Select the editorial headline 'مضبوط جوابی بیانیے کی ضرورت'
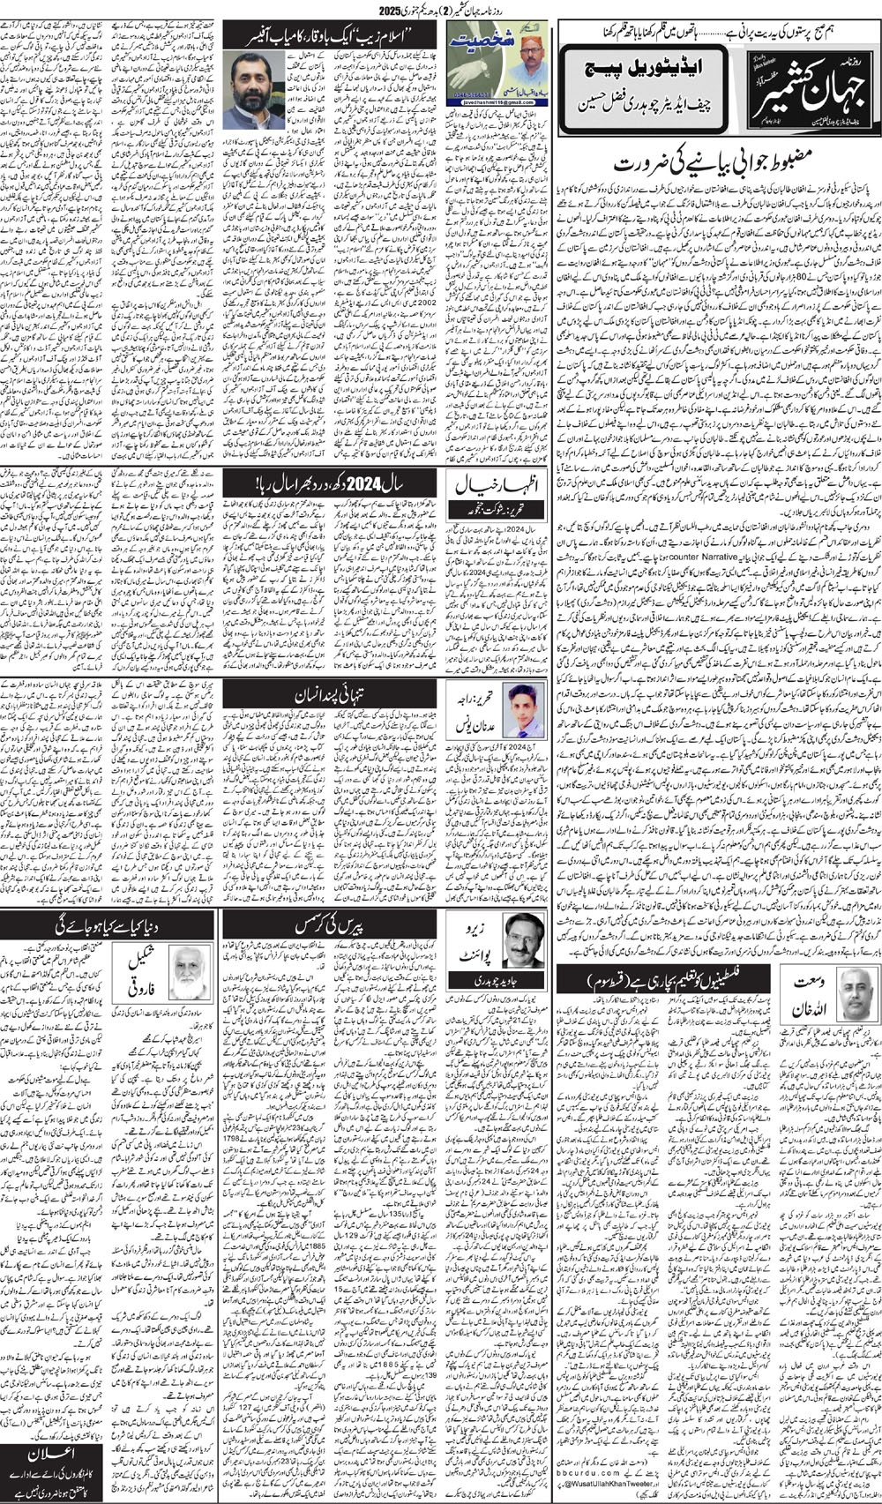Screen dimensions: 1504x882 pyautogui.click(x=715, y=162)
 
